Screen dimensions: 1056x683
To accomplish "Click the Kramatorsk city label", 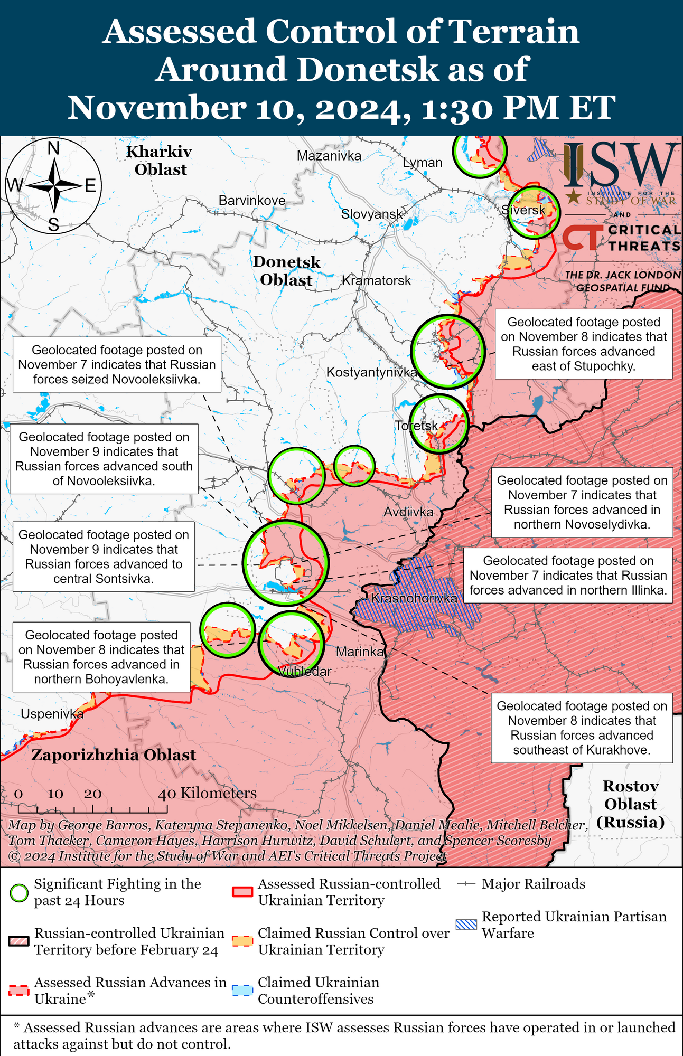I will click(x=376, y=280).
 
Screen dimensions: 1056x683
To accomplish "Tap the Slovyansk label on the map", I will click(x=372, y=214).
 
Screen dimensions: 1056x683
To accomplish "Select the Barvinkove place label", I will click(x=252, y=201).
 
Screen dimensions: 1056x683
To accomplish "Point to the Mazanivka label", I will click(x=329, y=156).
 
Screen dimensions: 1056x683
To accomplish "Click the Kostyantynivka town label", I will click(x=372, y=372).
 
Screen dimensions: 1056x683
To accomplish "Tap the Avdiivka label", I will click(x=408, y=512).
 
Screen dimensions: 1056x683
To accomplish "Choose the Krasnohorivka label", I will click(x=414, y=598).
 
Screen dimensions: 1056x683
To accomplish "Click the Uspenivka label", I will click(x=52, y=714).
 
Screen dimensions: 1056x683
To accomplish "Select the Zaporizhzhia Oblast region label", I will click(x=114, y=755).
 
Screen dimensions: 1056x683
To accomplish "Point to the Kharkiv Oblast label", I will click(x=160, y=161).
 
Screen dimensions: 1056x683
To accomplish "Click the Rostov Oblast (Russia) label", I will click(x=630, y=804).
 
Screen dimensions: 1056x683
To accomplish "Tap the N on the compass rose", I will click(x=53, y=149).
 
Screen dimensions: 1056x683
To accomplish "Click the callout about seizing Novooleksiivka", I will click(x=117, y=365).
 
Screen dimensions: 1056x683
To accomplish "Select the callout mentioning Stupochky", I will click(x=584, y=344).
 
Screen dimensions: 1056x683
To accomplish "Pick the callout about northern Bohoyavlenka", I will click(x=101, y=657).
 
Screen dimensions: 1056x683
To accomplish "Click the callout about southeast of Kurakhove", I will click(x=582, y=728).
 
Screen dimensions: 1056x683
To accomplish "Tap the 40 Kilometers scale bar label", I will click(x=207, y=793).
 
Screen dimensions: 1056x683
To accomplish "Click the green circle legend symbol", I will click(x=19, y=893).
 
